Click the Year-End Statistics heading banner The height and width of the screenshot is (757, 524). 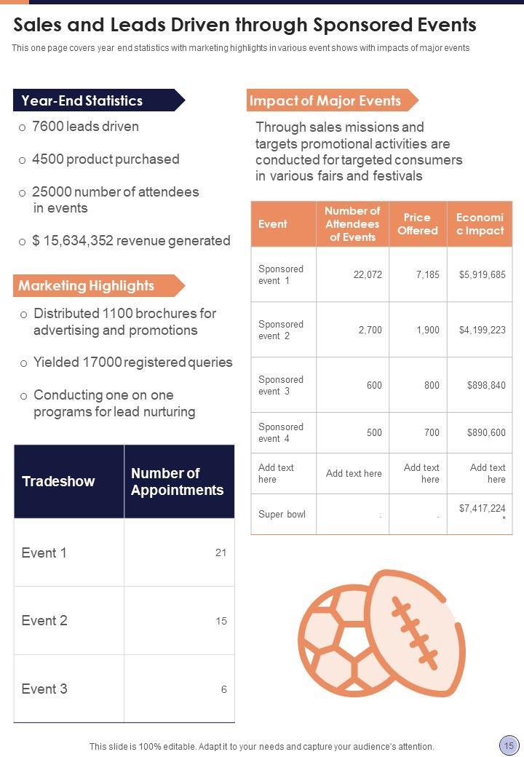pyautogui.click(x=82, y=100)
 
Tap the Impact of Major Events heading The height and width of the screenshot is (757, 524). pyautogui.click(x=325, y=100)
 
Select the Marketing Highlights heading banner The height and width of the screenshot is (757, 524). pyautogui.click(x=87, y=286)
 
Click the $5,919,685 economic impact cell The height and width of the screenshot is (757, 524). pyautogui.click(x=482, y=275)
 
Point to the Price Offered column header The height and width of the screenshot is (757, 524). pyautogui.click(x=418, y=224)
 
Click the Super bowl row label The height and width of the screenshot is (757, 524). pyautogui.click(x=282, y=515)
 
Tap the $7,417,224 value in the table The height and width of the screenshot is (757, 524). pyautogui.click(x=482, y=509)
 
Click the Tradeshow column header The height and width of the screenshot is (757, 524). pyautogui.click(x=58, y=481)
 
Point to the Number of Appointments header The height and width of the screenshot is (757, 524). pyautogui.click(x=177, y=481)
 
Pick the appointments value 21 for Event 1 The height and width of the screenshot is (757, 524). pyautogui.click(x=221, y=552)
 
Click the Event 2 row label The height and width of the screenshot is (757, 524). pyautogui.click(x=44, y=621)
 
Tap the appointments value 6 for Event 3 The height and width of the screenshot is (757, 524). pyautogui.click(x=223, y=689)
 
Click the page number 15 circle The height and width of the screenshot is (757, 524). pyautogui.click(x=508, y=745)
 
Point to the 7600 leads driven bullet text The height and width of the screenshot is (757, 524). pyautogui.click(x=85, y=127)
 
